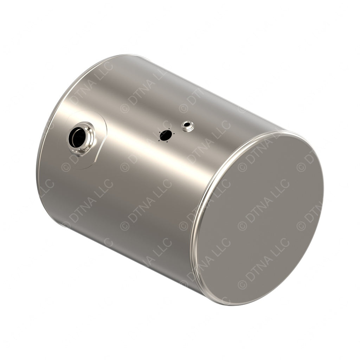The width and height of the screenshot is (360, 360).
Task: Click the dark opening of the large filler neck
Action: point(77,137)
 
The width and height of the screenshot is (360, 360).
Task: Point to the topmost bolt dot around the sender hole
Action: point(169,129)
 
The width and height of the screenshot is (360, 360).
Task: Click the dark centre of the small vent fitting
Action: point(187,124)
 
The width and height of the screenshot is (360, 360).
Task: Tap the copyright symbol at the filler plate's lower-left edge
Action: point(66,167)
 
